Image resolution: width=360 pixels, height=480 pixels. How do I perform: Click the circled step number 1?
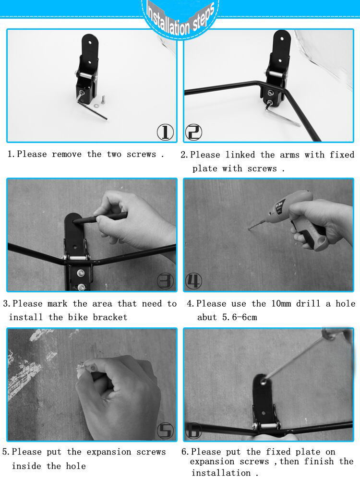tap(165, 132)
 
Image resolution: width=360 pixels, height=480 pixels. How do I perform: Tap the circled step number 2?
tap(194, 132)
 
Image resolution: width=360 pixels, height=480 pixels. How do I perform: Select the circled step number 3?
tap(165, 281)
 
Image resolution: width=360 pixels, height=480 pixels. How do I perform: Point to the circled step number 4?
tap(194, 281)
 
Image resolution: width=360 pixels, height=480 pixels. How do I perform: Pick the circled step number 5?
tap(165, 431)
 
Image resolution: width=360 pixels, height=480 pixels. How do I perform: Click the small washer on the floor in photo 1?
tap(96, 106)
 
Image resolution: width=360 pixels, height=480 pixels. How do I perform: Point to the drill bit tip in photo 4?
tap(249, 228)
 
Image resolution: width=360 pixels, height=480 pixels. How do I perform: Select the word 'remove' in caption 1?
tap(66, 154)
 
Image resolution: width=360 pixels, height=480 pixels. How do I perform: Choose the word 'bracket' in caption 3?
tap(110, 317)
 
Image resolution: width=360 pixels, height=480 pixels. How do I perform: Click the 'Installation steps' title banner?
tap(180, 18)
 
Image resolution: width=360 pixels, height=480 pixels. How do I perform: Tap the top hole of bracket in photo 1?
tap(90, 43)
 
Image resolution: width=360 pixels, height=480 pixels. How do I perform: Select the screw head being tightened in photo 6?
tap(263, 382)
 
